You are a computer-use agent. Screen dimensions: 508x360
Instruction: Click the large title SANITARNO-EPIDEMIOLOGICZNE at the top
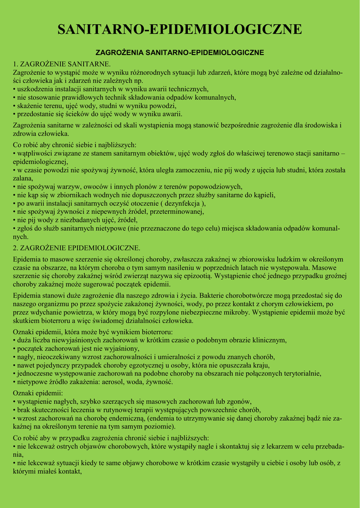tap(180, 29)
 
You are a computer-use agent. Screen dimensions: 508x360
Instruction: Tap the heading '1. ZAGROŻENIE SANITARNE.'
tap(62, 64)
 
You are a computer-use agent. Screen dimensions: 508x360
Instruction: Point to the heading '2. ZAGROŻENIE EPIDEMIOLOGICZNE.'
tap(76, 248)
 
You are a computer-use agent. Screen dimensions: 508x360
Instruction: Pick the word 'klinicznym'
tap(268, 340)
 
